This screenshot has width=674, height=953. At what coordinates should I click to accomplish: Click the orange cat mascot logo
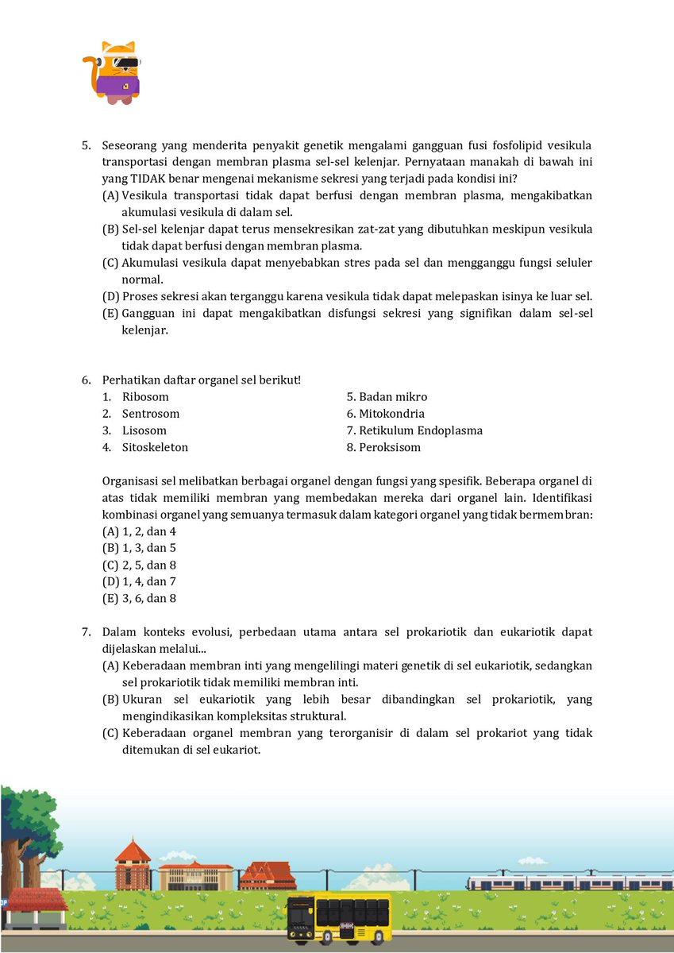tap(112, 72)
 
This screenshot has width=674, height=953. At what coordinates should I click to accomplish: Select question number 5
tap(87, 145)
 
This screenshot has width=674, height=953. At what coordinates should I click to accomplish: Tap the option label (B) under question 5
tap(110, 229)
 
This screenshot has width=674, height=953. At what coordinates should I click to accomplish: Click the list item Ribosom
tap(145, 397)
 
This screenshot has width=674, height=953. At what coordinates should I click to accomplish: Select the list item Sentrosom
tap(150, 414)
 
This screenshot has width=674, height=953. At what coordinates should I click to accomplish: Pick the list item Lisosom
tap(144, 430)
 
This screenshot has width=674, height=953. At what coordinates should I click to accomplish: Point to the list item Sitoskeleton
tap(155, 447)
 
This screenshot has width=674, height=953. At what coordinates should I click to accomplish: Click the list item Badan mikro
tap(393, 397)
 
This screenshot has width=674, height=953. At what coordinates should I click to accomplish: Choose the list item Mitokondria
tap(392, 414)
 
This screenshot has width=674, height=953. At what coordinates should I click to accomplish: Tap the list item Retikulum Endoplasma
tap(421, 430)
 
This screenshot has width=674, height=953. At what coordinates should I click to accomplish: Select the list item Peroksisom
tap(390, 447)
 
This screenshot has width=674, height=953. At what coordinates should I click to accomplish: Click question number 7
tap(87, 632)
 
